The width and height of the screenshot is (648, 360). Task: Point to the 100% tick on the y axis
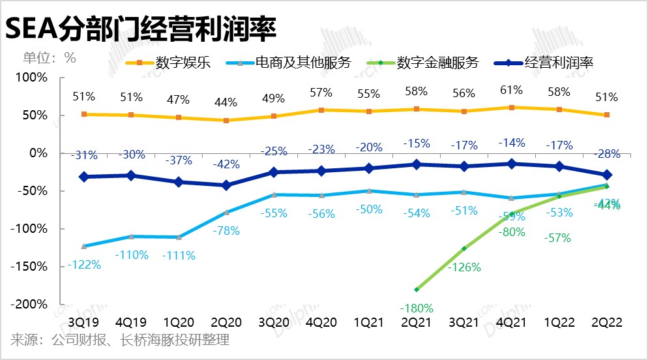[x=33, y=78]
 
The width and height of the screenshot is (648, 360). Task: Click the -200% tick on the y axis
[x=31, y=305]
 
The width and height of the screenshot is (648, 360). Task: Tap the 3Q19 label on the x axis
[x=84, y=322]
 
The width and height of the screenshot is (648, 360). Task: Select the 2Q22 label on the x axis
[x=607, y=322]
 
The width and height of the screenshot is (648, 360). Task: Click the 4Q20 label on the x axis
[x=321, y=322]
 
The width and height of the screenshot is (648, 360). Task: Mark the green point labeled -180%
[x=416, y=289]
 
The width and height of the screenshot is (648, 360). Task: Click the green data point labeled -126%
[x=464, y=248]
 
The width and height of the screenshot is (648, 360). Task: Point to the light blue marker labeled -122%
[x=84, y=246]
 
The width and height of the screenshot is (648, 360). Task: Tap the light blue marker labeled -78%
[x=226, y=213]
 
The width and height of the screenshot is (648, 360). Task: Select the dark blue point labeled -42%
[x=226, y=185]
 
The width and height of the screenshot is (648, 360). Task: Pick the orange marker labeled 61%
[x=512, y=108]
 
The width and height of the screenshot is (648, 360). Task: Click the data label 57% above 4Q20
[x=321, y=93]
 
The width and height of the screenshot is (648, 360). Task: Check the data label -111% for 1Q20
[x=179, y=256]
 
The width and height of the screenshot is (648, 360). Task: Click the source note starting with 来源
[x=120, y=340]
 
